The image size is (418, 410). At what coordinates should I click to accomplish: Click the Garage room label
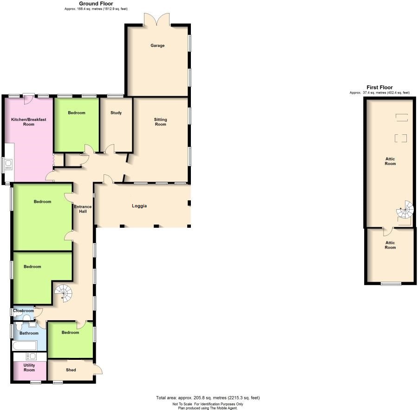pos(157,46)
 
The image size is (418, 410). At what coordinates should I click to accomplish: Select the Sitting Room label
pos(160,122)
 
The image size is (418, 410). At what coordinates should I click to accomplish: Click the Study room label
pos(116,112)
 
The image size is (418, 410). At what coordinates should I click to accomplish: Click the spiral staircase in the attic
pos(405,211)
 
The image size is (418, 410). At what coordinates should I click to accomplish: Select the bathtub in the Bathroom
pos(22,346)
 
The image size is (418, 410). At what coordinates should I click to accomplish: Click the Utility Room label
pos(29,368)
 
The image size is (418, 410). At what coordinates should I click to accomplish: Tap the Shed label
pos(71,370)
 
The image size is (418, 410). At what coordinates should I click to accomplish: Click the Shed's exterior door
pos(98,370)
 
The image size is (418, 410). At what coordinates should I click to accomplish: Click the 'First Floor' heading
pos(379,87)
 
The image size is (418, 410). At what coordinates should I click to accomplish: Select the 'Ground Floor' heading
pos(96,4)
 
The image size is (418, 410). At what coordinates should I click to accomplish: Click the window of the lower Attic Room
pos(390,283)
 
